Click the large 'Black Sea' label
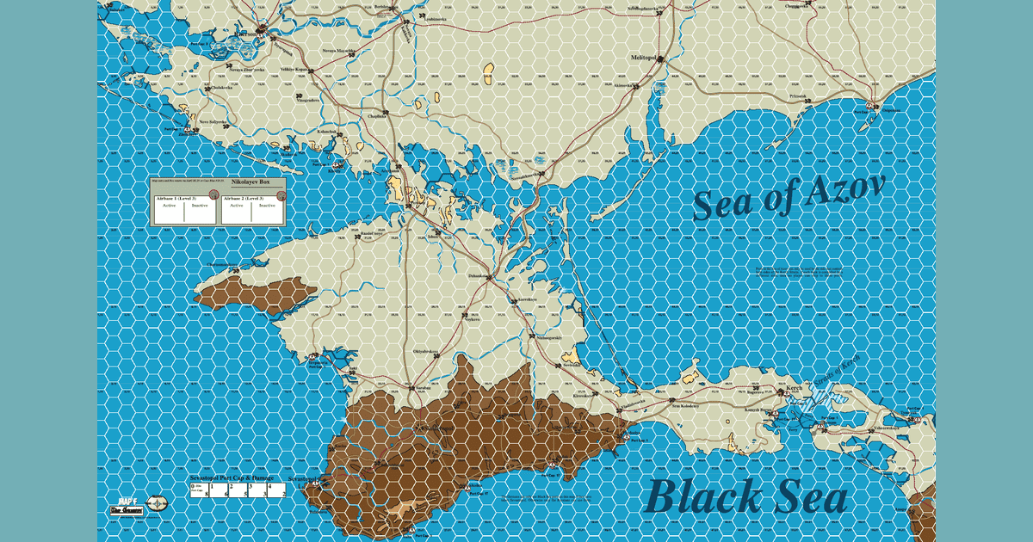[x=746, y=498]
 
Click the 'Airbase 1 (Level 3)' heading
[x=176, y=198]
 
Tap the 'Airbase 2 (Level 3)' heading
[x=245, y=198]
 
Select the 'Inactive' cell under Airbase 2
[x=268, y=206]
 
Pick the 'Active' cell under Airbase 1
[x=169, y=206]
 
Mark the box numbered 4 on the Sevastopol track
[x=270, y=487]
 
